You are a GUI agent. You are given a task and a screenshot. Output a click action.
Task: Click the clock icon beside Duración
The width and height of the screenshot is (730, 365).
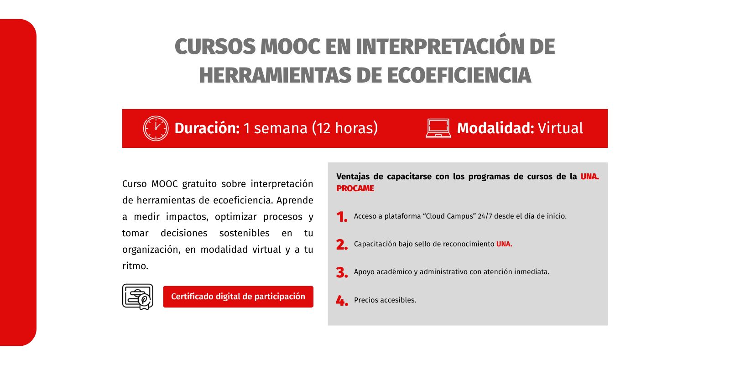pyautogui.click(x=156, y=128)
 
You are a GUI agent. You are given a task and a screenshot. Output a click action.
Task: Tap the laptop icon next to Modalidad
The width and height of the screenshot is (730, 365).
pyautogui.click(x=438, y=128)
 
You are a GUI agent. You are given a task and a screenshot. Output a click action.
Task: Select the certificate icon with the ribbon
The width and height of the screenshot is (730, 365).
pyautogui.click(x=138, y=297)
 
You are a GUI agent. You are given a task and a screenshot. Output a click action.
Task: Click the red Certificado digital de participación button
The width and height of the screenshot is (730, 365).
pyautogui.click(x=238, y=297)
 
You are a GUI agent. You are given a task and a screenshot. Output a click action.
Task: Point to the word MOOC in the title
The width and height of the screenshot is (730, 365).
pyautogui.click(x=290, y=47)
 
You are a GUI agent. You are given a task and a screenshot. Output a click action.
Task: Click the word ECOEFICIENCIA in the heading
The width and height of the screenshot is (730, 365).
pyautogui.click(x=459, y=75)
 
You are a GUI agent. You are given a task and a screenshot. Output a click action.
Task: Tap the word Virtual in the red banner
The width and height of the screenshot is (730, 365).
pyautogui.click(x=560, y=128)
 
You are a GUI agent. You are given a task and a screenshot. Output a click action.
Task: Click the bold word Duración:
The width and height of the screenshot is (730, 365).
pyautogui.click(x=207, y=128)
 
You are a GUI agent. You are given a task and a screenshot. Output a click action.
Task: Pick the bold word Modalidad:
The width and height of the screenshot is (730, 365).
pyautogui.click(x=495, y=128)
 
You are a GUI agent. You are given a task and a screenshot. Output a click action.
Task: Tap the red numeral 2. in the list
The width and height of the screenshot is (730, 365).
pyautogui.click(x=342, y=245)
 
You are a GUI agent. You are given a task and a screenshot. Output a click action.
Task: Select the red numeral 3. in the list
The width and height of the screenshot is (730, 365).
pyautogui.click(x=342, y=273)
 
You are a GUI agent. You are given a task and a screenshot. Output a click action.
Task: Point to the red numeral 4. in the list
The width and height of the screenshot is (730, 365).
pyautogui.click(x=342, y=301)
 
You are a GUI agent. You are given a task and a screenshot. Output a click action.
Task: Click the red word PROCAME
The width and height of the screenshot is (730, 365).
pyautogui.click(x=355, y=188)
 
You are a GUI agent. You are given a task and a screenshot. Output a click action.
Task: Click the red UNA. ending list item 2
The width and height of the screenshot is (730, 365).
pyautogui.click(x=504, y=244)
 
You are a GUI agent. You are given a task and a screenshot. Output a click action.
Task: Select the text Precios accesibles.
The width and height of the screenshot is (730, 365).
pyautogui.click(x=385, y=300)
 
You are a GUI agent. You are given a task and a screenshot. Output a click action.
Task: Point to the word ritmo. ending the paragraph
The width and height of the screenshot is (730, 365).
pyautogui.click(x=135, y=266)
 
